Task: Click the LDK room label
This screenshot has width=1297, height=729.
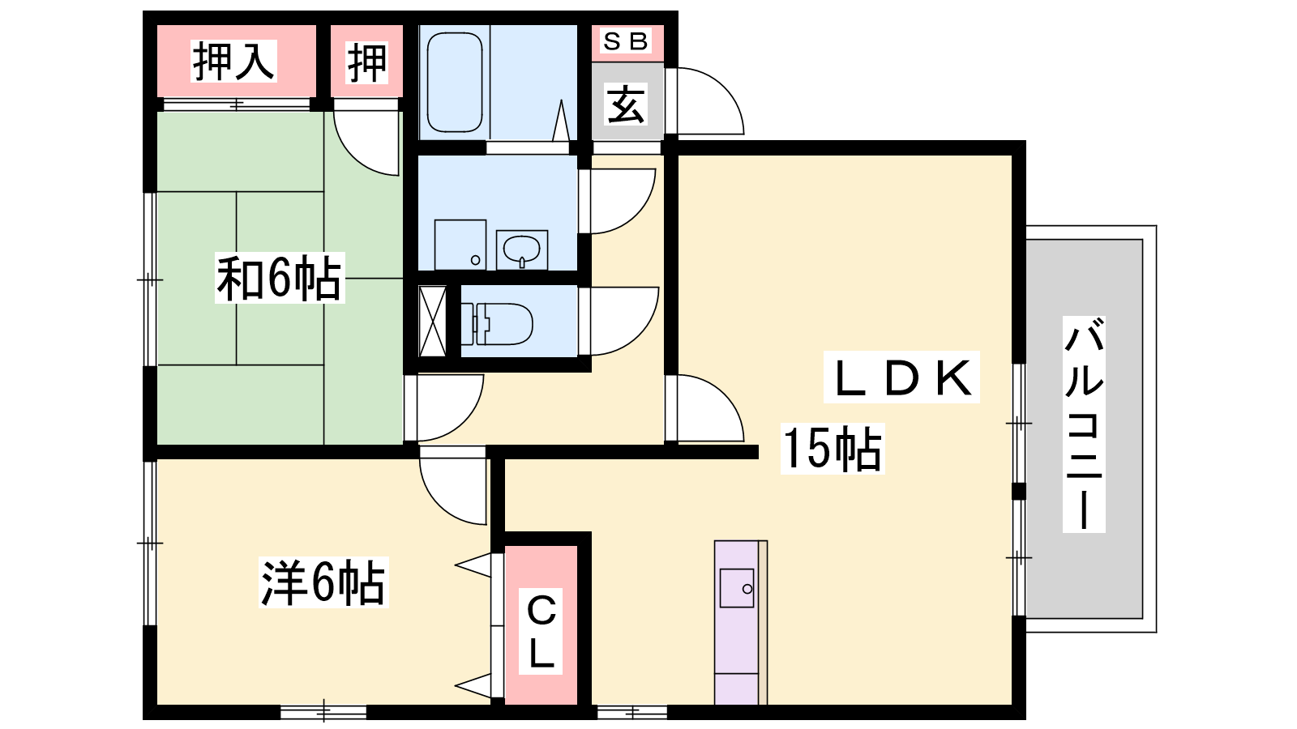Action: (x=901, y=377)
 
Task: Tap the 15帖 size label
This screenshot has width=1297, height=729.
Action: (x=832, y=449)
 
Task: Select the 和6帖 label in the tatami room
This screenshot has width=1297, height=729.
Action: (x=280, y=279)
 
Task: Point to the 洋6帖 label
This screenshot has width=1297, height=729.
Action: (x=323, y=582)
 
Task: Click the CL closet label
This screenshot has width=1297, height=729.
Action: (x=541, y=631)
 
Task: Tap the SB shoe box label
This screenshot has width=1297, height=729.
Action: (x=625, y=41)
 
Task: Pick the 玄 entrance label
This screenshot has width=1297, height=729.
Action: (x=625, y=104)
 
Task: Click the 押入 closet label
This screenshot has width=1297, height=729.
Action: (x=233, y=62)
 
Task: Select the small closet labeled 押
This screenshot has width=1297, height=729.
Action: (x=367, y=62)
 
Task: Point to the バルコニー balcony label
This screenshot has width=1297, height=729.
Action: (x=1084, y=424)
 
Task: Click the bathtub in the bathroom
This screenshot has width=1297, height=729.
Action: (x=455, y=82)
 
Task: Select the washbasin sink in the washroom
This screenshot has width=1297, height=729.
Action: (x=522, y=250)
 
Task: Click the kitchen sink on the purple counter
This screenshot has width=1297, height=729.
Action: (x=737, y=588)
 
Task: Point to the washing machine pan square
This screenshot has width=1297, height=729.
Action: (x=460, y=245)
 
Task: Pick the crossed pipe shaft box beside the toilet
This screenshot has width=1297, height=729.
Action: (x=433, y=321)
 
